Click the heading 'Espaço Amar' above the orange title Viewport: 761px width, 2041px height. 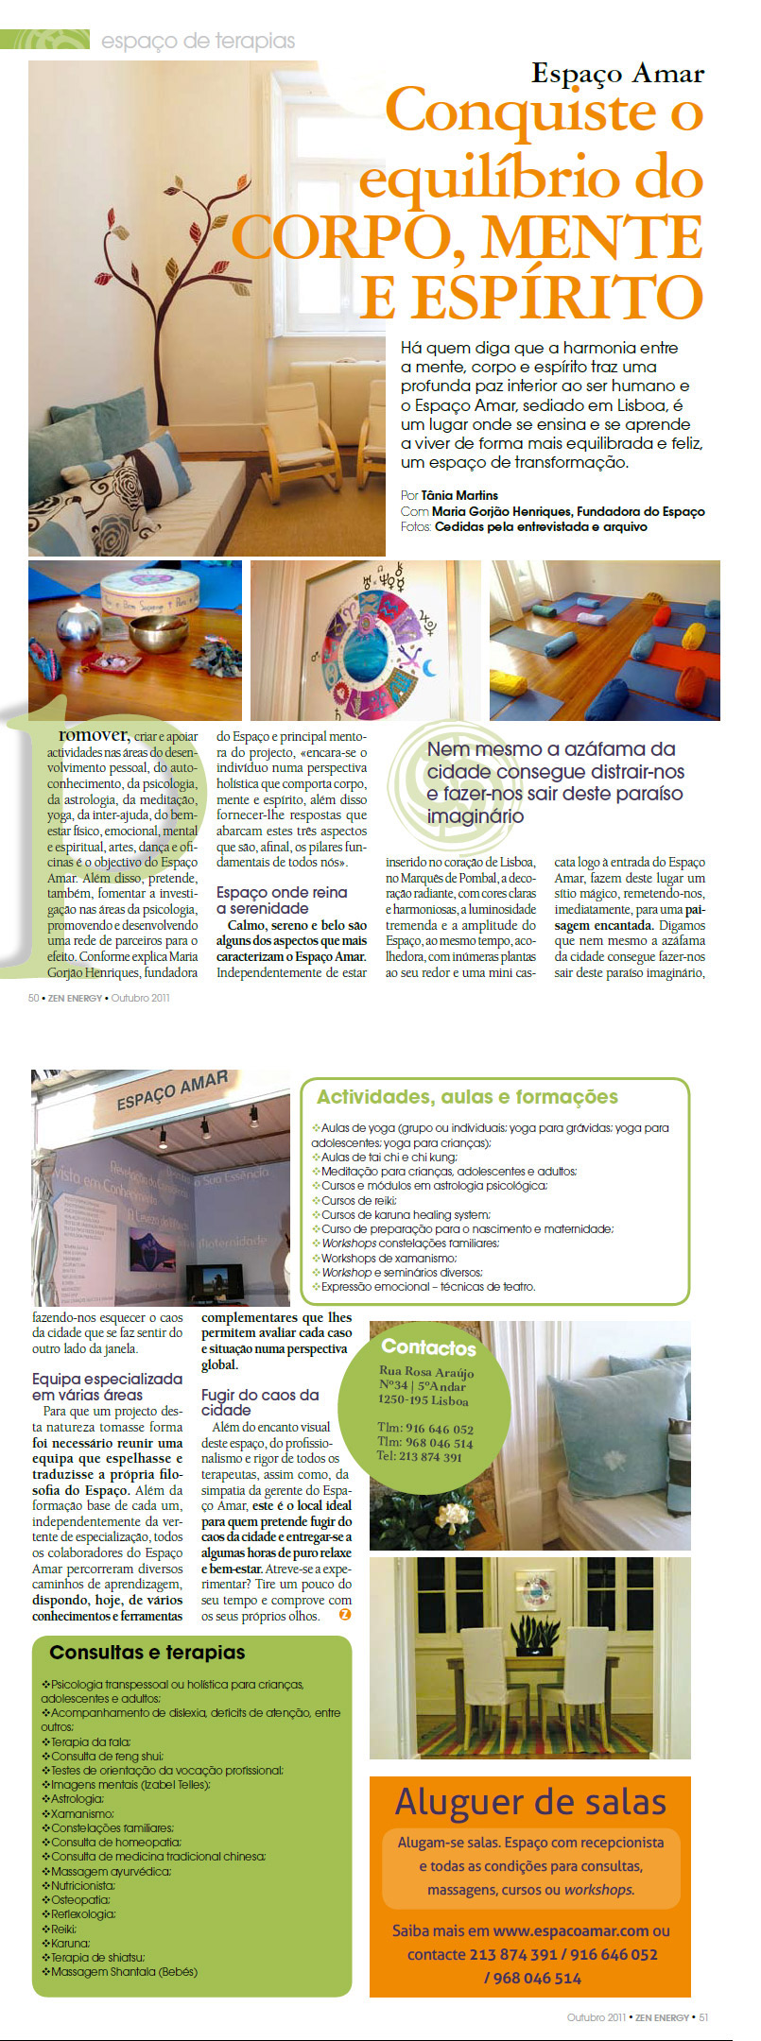coord(617,75)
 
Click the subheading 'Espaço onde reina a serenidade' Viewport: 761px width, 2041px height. coord(282,900)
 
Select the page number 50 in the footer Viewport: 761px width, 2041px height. coord(34,998)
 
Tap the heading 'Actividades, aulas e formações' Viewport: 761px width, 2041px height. coord(467,1097)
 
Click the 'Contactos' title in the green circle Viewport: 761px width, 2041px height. coord(428,1347)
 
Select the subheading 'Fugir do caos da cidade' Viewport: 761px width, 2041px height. coord(260,1402)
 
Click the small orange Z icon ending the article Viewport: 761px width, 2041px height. coord(345,1615)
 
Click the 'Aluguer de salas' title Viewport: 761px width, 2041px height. coord(530,1802)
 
